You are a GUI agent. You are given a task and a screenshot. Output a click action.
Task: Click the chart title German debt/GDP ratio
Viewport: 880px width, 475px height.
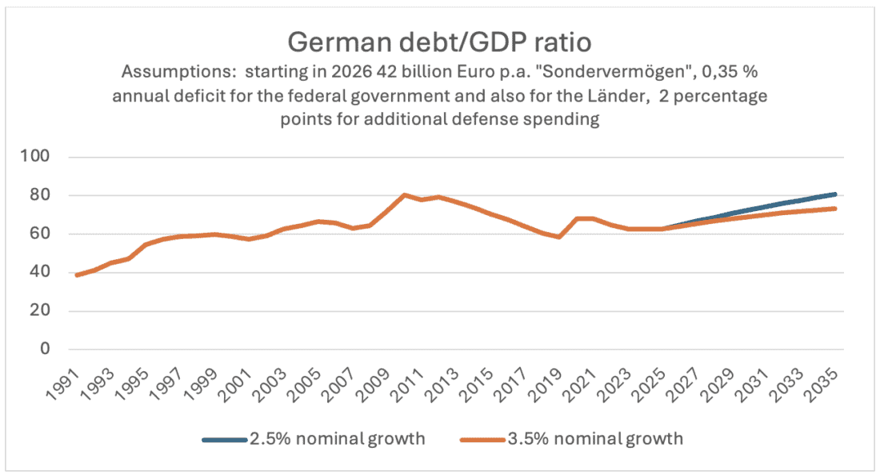tap(440, 40)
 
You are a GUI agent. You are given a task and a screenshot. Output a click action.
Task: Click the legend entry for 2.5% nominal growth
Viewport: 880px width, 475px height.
tap(314, 438)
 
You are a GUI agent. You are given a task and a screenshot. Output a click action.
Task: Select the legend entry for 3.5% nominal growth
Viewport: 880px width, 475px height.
tap(572, 438)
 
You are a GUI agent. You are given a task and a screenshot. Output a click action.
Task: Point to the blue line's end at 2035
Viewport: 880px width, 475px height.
tap(835, 194)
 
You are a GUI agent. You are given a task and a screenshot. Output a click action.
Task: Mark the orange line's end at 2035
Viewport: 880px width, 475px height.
tap(835, 209)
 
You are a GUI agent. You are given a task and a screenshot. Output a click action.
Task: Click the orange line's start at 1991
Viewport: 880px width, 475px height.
tap(77, 275)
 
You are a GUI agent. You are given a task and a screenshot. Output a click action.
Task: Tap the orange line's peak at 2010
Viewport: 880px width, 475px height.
tap(404, 195)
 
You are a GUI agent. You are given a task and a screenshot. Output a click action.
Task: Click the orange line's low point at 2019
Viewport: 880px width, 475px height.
tap(559, 237)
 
